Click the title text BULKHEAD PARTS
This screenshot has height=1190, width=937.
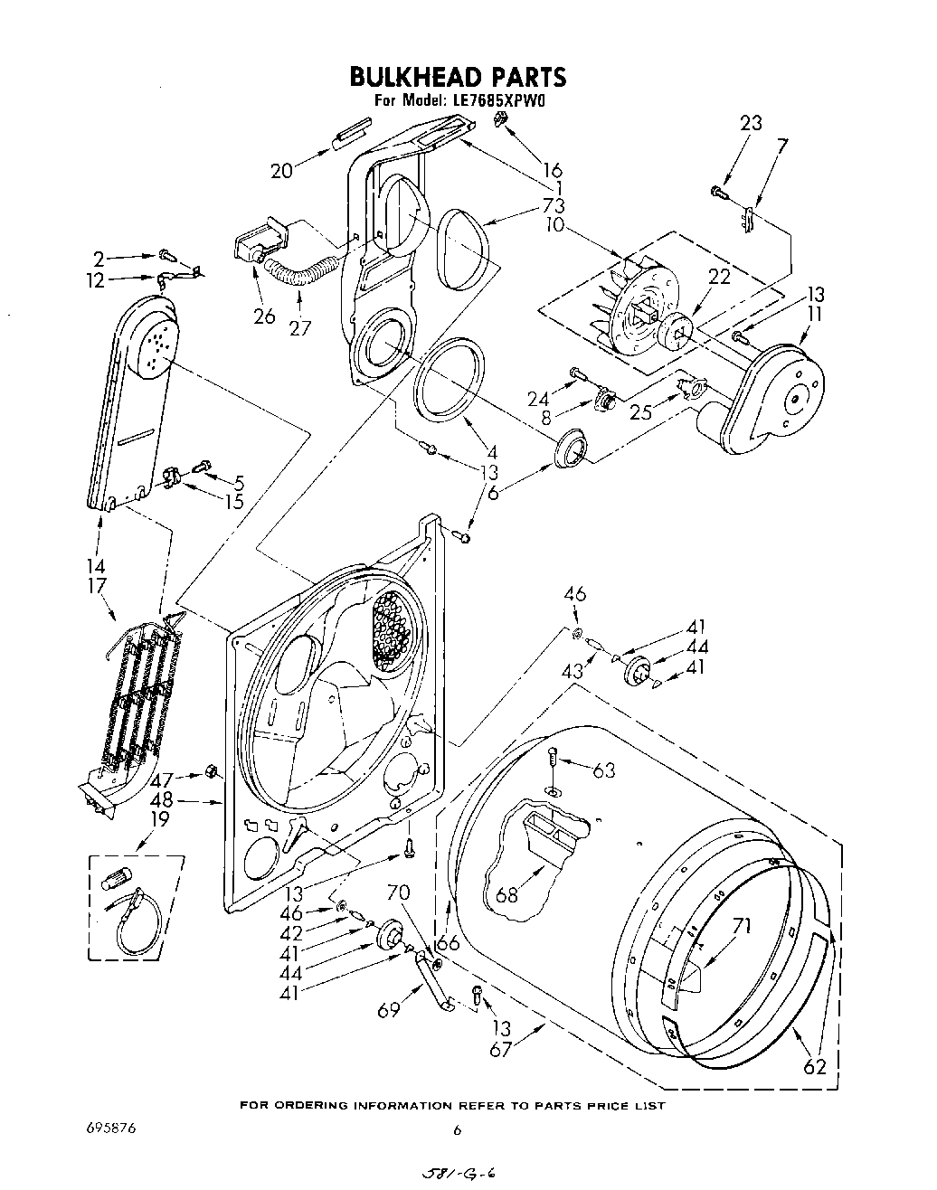pos(458,76)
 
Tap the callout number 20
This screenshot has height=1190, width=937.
pos(283,169)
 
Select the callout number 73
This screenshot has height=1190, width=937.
pos(554,207)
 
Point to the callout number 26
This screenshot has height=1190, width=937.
pos(264,316)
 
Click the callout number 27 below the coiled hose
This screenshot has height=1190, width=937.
pos(300,327)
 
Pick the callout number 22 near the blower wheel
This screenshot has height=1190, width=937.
pos(719,278)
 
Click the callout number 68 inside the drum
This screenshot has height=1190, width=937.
pos(507,895)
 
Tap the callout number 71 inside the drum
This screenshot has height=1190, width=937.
pos(742,925)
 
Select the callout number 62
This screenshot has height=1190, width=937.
pos(815,1066)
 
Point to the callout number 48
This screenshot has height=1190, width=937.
pos(162,800)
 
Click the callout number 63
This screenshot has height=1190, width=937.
pos(604,770)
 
